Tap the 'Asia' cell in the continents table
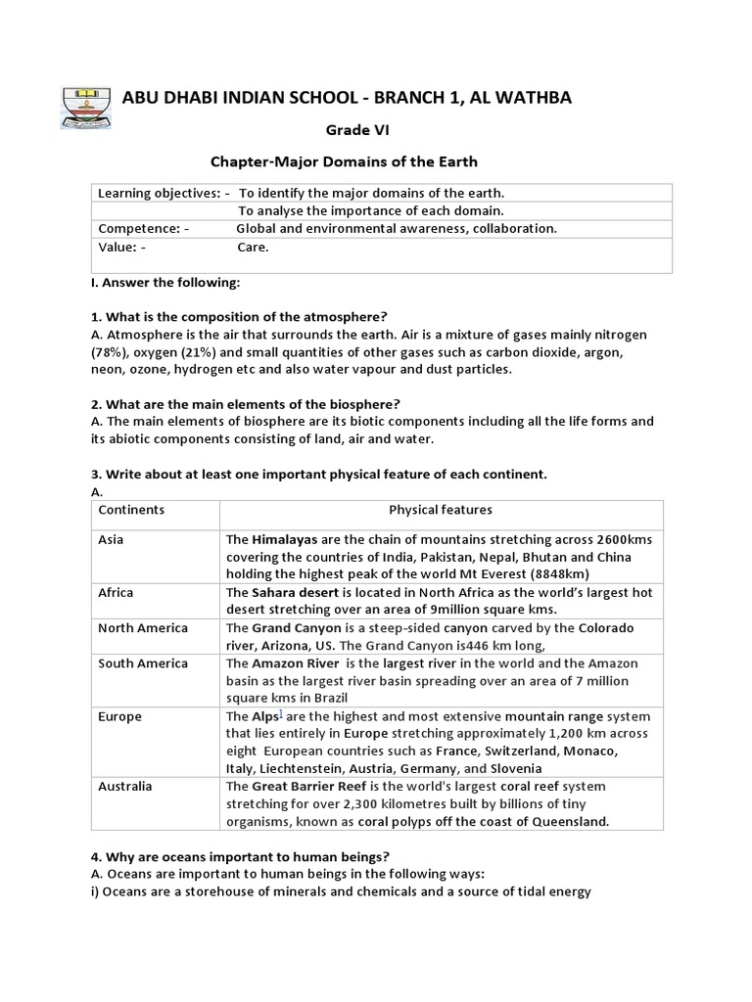111,539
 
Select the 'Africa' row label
116,592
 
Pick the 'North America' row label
143,627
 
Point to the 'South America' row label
143,662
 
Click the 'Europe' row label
119,715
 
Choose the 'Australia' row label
125,786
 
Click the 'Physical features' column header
441,510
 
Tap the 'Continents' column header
131,510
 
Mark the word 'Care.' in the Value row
253,248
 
